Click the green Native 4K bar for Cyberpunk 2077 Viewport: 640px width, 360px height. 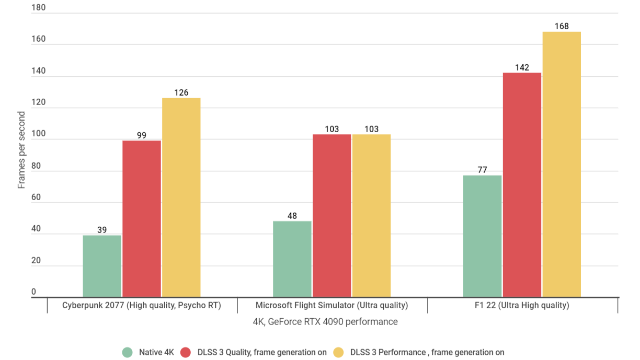[102, 266]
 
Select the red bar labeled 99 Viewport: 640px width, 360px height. [142, 219]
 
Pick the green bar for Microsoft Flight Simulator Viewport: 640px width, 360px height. [292, 259]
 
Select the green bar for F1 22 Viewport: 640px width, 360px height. [483, 236]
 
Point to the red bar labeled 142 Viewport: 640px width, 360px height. [522, 185]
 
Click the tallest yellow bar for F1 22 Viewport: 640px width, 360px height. [562, 165]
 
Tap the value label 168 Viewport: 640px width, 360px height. [562, 26]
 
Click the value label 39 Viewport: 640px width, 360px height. [102, 229]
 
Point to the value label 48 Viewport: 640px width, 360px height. [292, 215]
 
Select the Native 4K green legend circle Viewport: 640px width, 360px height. [128, 352]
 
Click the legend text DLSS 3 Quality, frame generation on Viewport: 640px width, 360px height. [262, 352]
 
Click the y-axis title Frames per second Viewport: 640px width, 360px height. [21, 150]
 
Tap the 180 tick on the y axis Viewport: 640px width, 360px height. [38, 8]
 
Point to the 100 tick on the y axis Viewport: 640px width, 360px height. [38, 134]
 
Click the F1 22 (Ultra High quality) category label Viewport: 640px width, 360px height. [523, 305]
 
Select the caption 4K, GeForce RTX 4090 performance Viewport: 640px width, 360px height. [325, 322]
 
